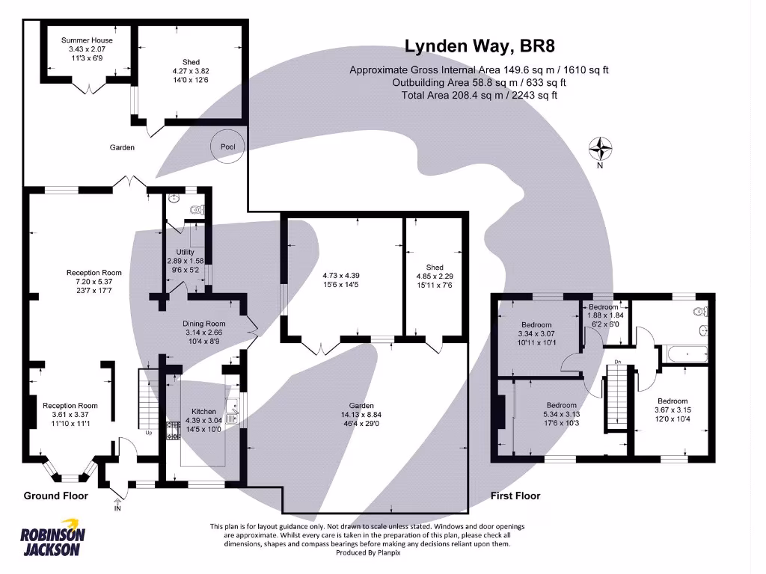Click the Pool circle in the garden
pyautogui.click(x=227, y=147)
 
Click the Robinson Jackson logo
pyautogui.click(x=52, y=537)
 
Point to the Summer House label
pyautogui.click(x=87, y=40)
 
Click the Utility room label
pyautogui.click(x=185, y=253)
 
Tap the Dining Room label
pyautogui.click(x=203, y=324)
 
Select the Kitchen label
pyautogui.click(x=203, y=412)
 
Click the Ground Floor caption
pyautogui.click(x=55, y=496)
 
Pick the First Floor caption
pyautogui.click(x=515, y=496)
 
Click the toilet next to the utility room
pyautogui.click(x=197, y=211)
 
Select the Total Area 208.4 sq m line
pyautogui.click(x=479, y=95)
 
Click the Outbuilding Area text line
pyautogui.click(x=479, y=82)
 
